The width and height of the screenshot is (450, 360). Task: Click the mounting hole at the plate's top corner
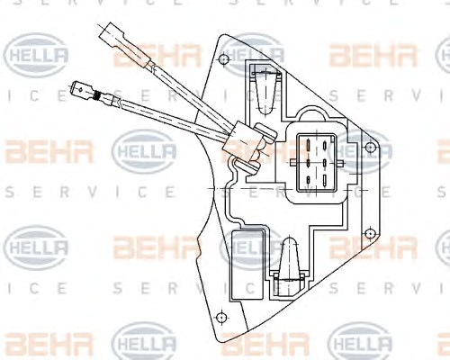(x=224, y=58)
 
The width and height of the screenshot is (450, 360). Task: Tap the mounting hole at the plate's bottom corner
(x=221, y=318)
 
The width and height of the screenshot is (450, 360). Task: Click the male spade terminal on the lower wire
(x=82, y=89)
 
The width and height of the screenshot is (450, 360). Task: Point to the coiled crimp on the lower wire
(x=96, y=94)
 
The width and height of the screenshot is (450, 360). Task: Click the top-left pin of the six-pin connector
(x=308, y=146)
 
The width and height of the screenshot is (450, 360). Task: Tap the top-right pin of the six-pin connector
(x=325, y=146)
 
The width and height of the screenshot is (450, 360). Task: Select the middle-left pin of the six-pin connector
(x=308, y=163)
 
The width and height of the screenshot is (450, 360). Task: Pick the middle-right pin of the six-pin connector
(x=325, y=163)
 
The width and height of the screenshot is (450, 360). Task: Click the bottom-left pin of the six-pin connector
(x=308, y=180)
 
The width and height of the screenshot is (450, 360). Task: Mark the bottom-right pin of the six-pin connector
(x=325, y=180)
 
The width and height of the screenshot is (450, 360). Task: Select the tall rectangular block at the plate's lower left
(x=248, y=265)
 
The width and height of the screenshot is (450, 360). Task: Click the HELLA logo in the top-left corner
(x=36, y=55)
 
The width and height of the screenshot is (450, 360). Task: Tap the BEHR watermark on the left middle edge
(x=47, y=151)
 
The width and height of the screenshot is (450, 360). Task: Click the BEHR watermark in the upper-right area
(x=373, y=55)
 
